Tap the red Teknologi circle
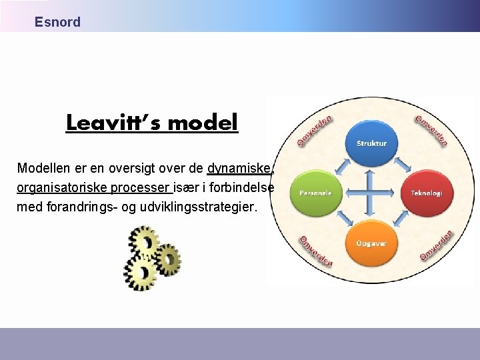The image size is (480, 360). tap(426, 193)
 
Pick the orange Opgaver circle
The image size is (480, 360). tap(371, 243)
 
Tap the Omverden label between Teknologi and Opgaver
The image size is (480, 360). tap(436, 245)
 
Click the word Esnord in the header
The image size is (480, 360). tap(57, 22)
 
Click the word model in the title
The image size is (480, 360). tap(203, 123)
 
